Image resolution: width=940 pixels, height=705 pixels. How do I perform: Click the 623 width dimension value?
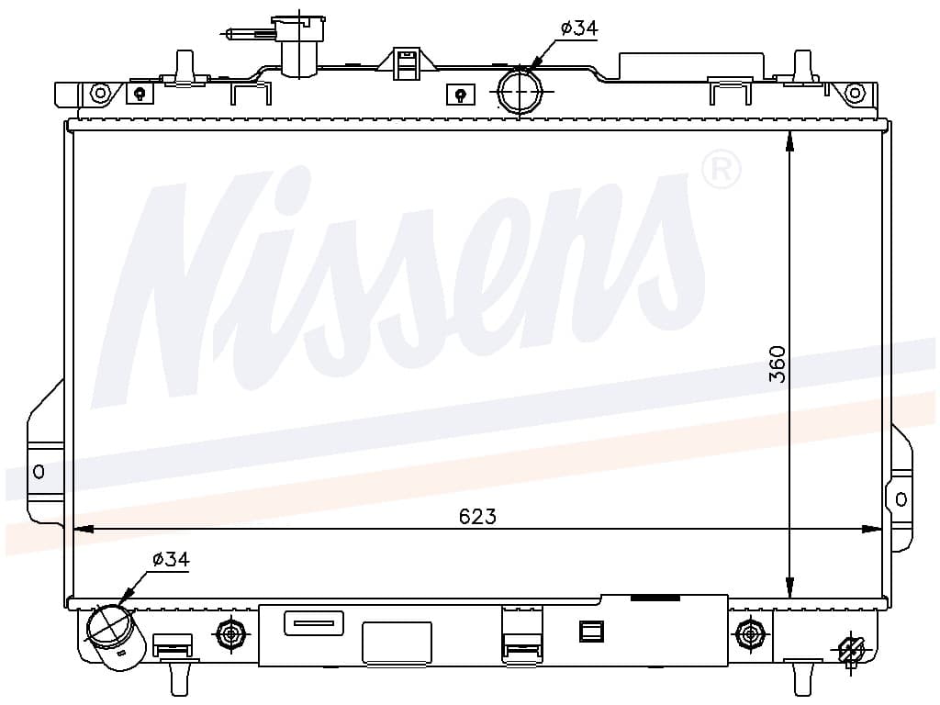477,516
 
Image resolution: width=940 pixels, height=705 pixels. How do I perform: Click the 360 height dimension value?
778,364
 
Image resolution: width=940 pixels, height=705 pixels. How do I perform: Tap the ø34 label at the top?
579,28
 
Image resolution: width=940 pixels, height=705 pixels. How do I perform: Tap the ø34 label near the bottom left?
171,559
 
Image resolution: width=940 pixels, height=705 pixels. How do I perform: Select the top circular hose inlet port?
520,91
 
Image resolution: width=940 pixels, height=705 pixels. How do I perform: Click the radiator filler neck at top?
299,47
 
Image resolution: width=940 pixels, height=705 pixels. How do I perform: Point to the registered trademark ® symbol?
722,170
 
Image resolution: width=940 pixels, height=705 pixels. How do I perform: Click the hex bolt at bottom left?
230,632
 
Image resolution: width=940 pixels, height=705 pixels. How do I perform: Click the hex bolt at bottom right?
748,632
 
